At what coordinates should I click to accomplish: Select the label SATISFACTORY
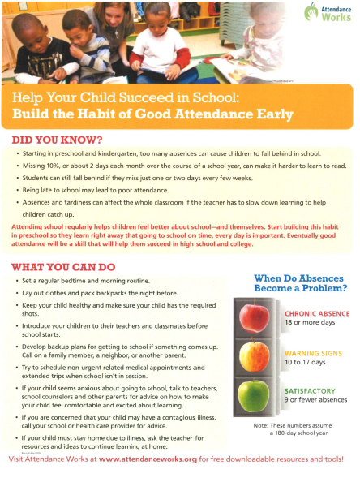coord(306,390)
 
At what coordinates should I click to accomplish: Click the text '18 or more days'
coord(307,322)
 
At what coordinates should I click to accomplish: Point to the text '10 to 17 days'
coord(304,363)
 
